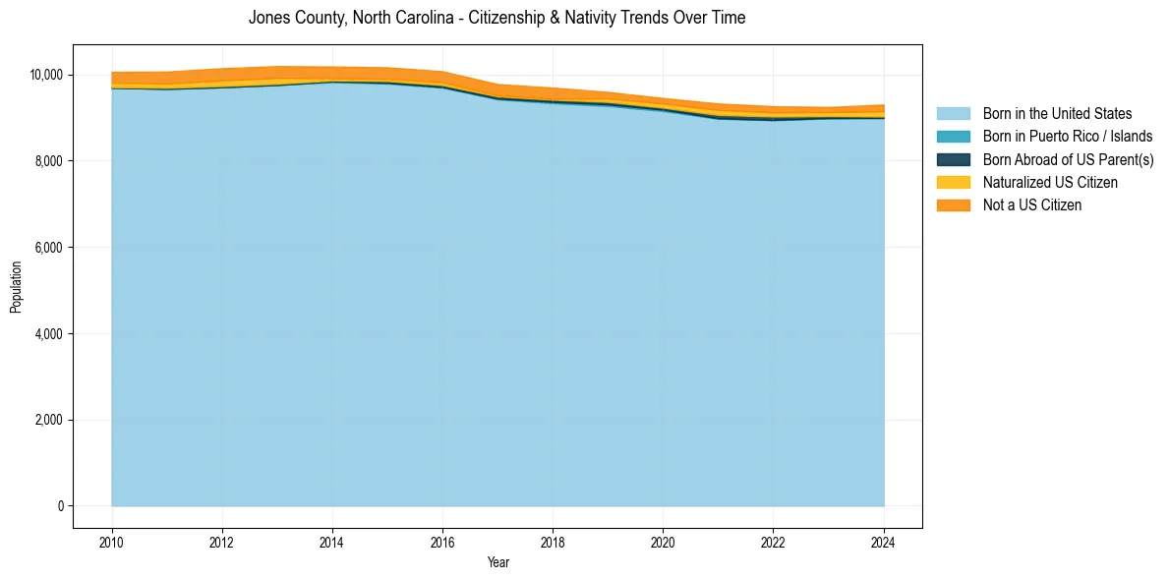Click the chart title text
(x=497, y=18)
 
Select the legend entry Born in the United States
(x=1057, y=114)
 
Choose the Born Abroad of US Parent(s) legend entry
(x=1068, y=159)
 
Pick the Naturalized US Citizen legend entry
(x=1050, y=183)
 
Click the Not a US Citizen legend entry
(x=1031, y=205)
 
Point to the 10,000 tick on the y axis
(x=46, y=75)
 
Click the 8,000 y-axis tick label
(x=49, y=161)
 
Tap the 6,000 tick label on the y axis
(x=49, y=248)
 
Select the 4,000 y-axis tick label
(x=49, y=334)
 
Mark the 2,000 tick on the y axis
(x=49, y=421)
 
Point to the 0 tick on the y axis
(x=60, y=506)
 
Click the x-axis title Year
(x=497, y=562)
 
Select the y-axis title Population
(x=16, y=287)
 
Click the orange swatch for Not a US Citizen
(x=953, y=205)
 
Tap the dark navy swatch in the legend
(x=953, y=159)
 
